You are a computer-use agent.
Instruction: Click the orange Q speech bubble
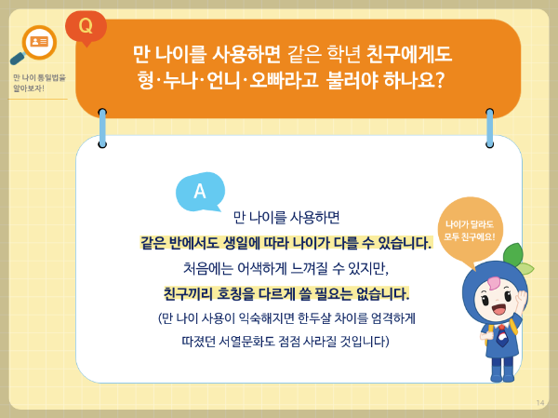(86, 25)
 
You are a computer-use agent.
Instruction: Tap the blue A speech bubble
(199, 191)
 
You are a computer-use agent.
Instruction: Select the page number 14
(540, 402)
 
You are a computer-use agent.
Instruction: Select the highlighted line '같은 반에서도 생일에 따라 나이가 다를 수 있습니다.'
(286, 243)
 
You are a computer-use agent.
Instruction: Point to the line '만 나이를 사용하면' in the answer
(286, 218)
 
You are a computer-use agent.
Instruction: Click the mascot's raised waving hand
(522, 300)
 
